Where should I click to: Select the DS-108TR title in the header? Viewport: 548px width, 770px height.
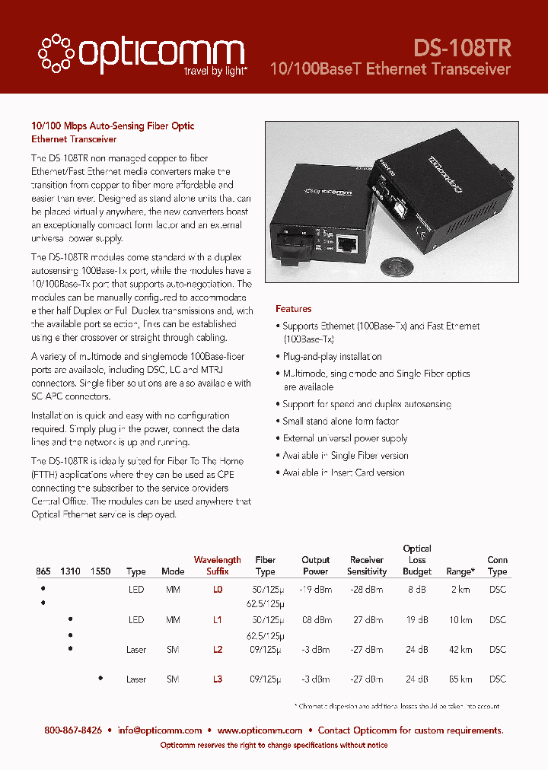point(462,47)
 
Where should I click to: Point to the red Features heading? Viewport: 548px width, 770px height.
point(293,309)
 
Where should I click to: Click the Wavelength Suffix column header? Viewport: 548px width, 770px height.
point(217,565)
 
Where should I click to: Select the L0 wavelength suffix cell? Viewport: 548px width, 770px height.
point(217,590)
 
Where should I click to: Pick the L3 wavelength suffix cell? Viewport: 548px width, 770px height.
point(217,679)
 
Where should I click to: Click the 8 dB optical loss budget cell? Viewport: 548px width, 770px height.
point(417,590)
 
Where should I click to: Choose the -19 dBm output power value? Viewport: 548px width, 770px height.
point(315,590)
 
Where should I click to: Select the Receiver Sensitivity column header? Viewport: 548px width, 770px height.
point(366,565)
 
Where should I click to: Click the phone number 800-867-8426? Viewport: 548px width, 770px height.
point(73,730)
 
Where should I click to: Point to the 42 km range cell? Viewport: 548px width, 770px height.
point(460,650)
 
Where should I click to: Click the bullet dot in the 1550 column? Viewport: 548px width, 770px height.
point(100,676)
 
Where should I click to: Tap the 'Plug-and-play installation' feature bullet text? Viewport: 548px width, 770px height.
point(332,356)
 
